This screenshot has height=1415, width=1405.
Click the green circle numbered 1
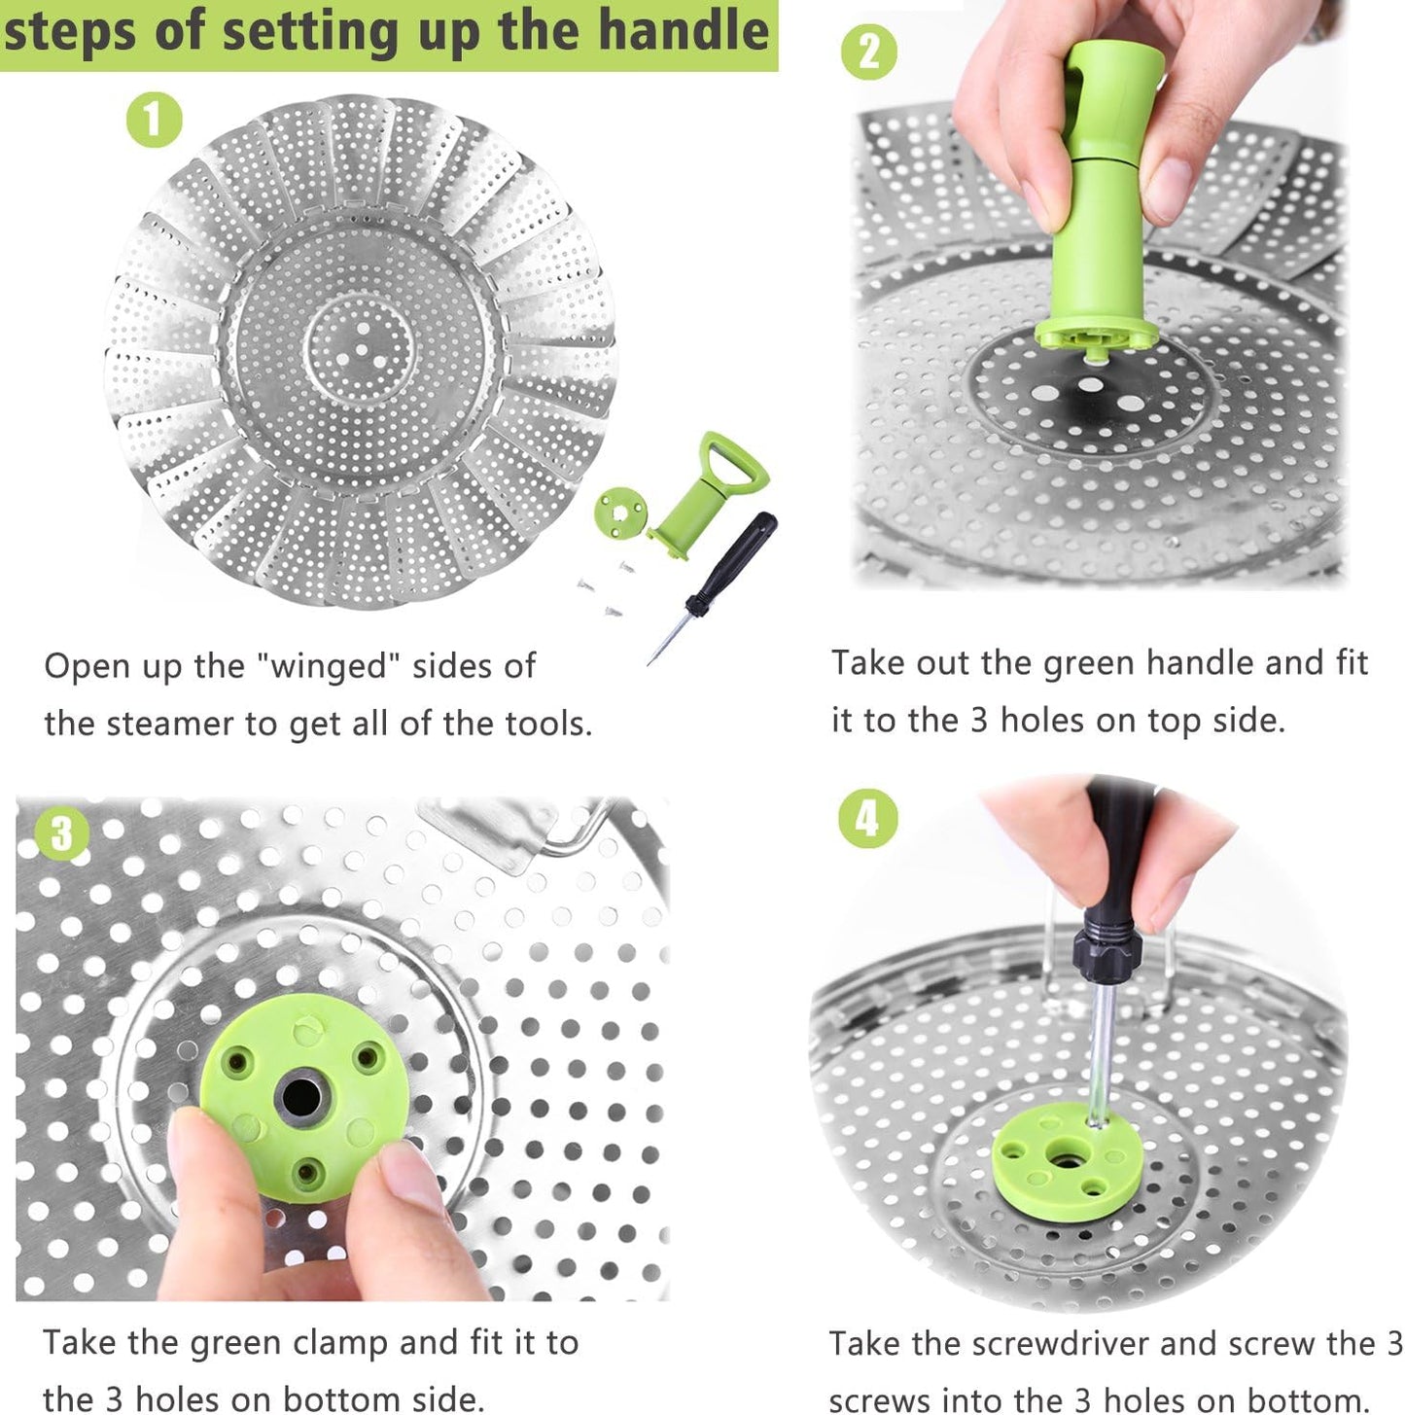pos(154,120)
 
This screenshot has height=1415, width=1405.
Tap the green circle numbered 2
pos(868,52)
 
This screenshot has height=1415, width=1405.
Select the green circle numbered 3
pos(61,833)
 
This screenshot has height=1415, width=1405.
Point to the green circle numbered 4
pos(867,819)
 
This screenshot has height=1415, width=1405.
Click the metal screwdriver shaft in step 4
pos(1100,1050)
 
